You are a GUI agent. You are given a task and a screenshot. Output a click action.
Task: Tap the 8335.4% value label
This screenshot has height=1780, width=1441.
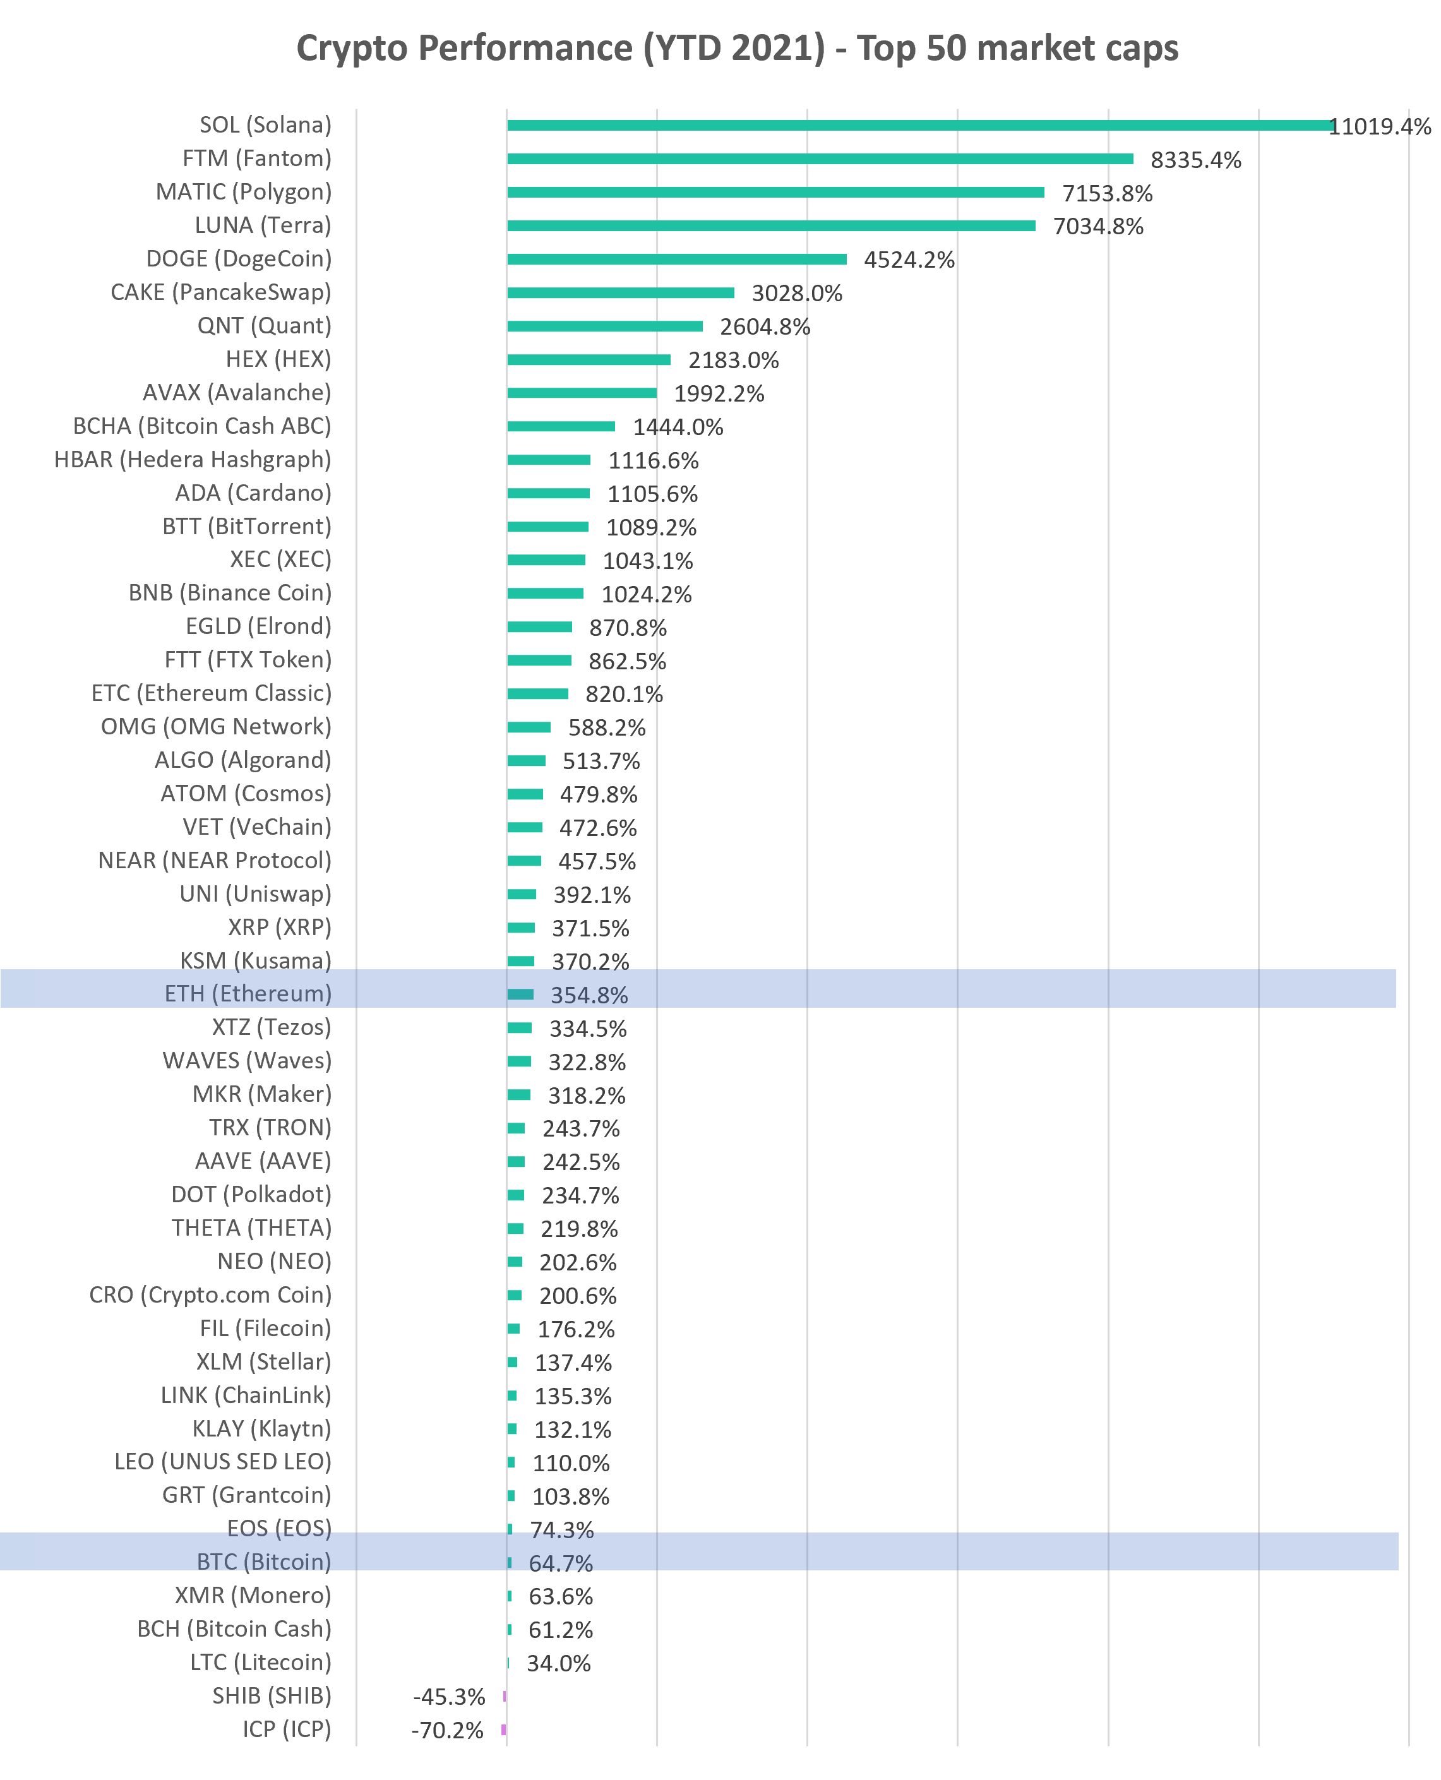[1195, 160]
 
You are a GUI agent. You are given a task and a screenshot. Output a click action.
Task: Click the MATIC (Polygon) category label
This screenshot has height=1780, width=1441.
[244, 192]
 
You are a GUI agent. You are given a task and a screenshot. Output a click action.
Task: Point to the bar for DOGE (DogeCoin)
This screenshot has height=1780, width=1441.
[676, 259]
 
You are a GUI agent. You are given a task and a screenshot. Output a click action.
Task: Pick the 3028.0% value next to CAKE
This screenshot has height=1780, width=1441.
[797, 293]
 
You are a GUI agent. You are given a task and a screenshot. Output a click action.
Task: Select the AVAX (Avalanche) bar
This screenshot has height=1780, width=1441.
[582, 393]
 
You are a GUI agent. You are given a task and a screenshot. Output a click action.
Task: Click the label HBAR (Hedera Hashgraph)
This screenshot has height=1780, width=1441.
[193, 459]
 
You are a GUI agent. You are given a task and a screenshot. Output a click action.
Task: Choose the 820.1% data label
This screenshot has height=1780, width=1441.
[625, 694]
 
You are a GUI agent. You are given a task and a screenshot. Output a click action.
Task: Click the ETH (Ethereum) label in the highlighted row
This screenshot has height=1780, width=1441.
[248, 993]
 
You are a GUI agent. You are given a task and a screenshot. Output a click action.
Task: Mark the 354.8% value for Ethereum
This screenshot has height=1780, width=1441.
[589, 995]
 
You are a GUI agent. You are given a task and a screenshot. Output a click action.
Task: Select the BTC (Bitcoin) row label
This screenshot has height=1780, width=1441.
[264, 1562]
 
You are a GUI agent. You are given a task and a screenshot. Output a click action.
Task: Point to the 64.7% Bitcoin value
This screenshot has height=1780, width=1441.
[561, 1563]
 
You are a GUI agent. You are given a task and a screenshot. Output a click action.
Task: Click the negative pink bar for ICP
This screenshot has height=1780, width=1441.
[504, 1729]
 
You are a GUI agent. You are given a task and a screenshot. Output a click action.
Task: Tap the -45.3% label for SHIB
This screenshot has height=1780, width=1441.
[449, 1697]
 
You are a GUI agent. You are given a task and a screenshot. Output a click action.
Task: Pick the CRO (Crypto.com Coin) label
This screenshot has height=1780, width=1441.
[210, 1294]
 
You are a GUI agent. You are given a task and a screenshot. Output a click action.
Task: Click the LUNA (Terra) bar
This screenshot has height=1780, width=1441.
[771, 225]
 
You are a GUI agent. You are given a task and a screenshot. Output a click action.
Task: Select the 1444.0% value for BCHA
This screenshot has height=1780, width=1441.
[678, 427]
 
